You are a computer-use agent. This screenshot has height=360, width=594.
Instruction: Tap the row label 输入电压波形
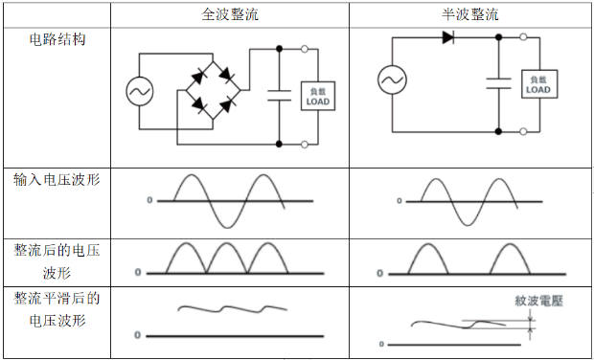(57, 179)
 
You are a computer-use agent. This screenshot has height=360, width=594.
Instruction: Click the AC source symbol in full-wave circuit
(139, 91)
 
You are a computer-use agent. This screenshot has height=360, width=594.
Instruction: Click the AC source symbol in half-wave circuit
(392, 80)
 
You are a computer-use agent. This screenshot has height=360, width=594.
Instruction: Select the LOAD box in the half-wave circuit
(537, 83)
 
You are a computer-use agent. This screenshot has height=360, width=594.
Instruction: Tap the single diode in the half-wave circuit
(448, 37)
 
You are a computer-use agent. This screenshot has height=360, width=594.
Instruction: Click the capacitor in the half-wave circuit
(498, 82)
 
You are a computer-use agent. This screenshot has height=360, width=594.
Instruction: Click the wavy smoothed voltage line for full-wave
(225, 308)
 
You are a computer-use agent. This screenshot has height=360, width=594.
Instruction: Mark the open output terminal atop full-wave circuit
(305, 47)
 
